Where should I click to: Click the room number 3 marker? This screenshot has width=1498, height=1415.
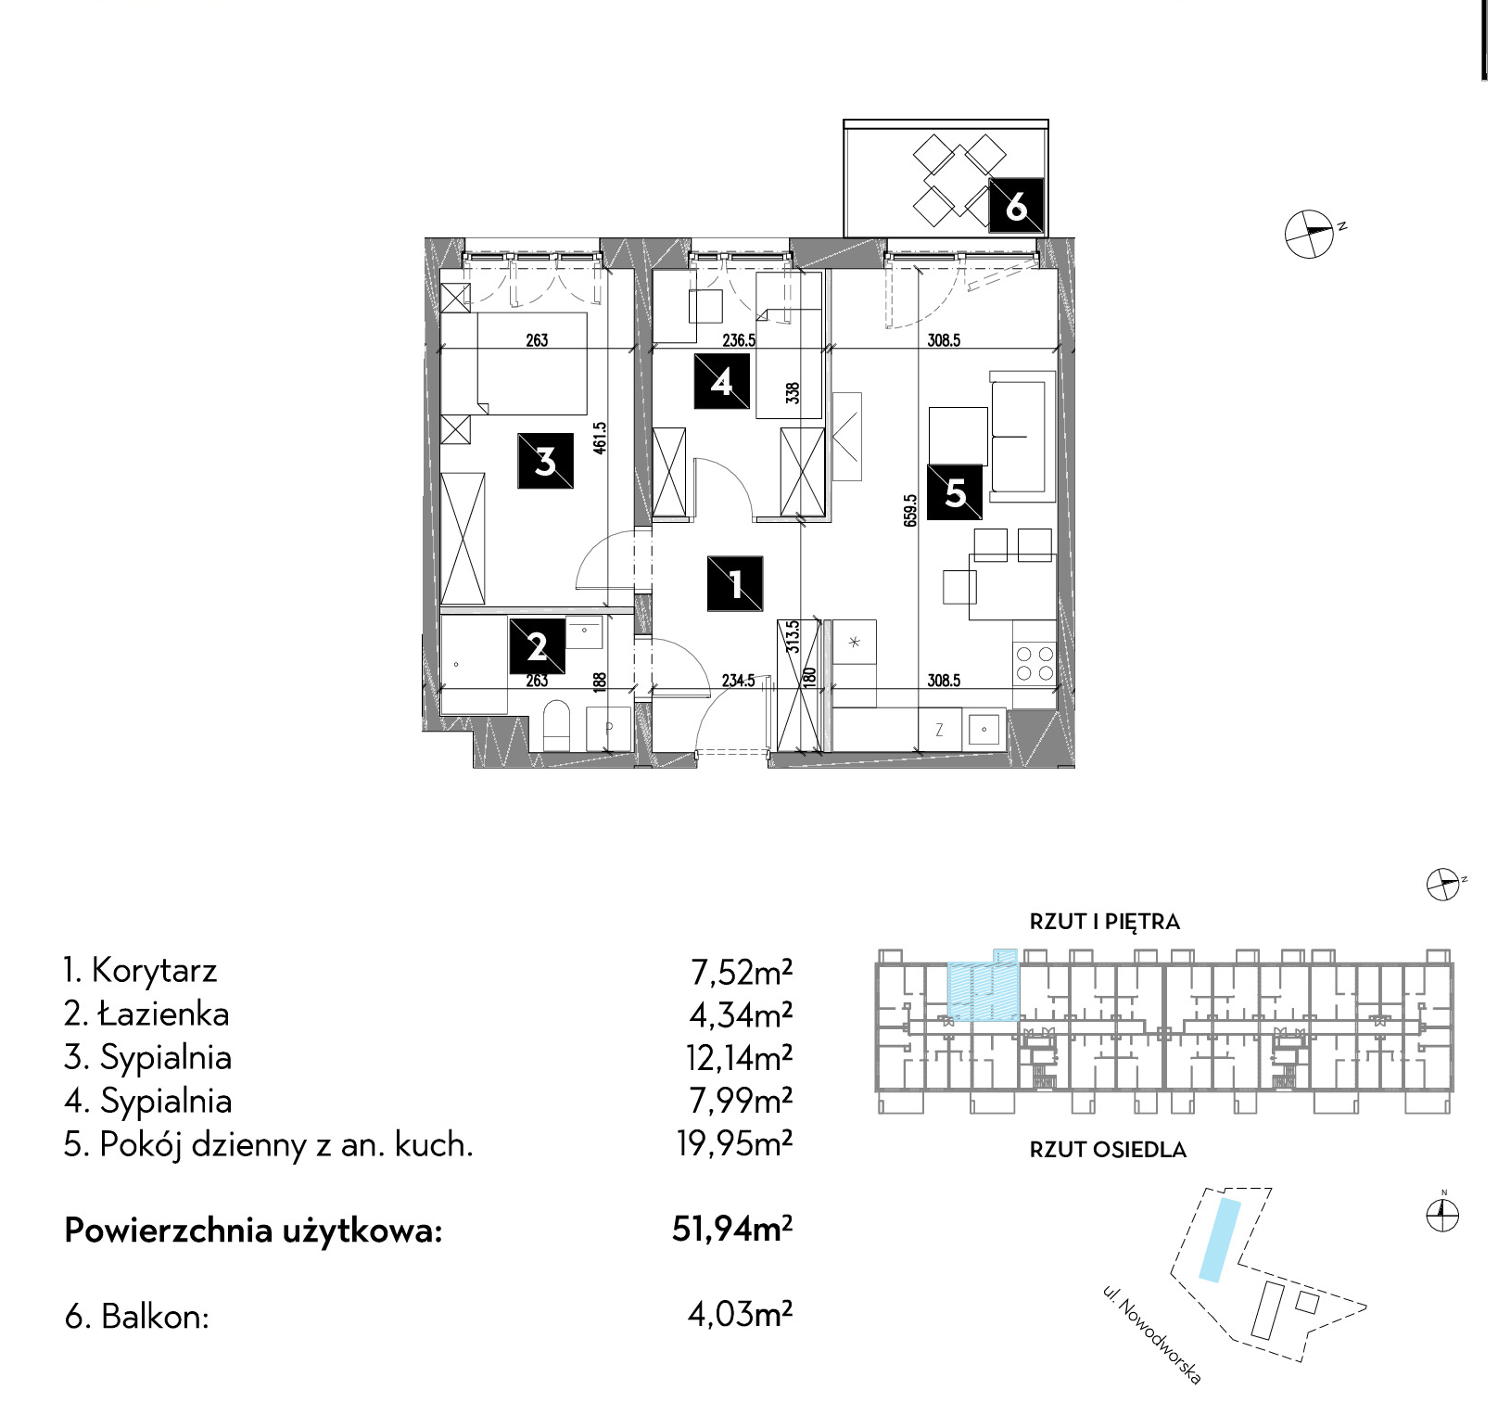point(545,461)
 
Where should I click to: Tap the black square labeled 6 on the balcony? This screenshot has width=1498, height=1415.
point(1016,205)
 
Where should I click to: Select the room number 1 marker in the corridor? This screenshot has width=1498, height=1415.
point(735,583)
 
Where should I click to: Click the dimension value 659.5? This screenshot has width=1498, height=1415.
point(910,511)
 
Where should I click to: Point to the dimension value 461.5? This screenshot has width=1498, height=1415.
point(600,438)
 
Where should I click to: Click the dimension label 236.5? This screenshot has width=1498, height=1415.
point(739,340)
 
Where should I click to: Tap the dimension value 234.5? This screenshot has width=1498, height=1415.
point(739,681)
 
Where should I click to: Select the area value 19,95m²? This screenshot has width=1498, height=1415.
point(734,1143)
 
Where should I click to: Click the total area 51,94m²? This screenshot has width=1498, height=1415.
point(732,1229)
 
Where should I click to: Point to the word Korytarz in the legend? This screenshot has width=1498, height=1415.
point(155,971)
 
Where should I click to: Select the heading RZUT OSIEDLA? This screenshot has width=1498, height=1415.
point(1108,1150)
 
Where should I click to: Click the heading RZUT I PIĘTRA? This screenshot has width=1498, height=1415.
point(1104,922)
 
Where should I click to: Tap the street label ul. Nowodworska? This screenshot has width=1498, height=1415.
point(1152,1334)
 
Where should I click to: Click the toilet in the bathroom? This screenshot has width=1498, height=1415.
point(555,725)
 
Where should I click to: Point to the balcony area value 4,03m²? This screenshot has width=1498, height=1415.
point(740,1314)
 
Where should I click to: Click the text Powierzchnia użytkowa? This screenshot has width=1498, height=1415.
point(253,1230)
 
